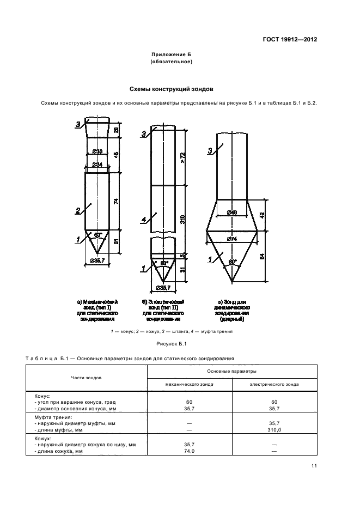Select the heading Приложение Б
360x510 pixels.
point(172,55)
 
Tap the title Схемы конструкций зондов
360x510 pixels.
point(171,88)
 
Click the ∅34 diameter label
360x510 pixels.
point(97,164)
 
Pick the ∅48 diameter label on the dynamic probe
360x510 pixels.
point(232,212)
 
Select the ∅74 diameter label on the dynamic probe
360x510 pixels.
point(232,239)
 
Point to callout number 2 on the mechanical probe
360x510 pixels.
point(78,210)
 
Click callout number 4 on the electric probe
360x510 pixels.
point(143,220)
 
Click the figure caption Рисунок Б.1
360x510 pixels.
point(171,344)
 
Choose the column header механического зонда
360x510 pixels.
point(190,384)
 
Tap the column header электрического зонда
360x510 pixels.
point(274,384)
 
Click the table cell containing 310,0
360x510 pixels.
point(274,429)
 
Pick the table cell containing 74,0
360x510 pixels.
point(190,452)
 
